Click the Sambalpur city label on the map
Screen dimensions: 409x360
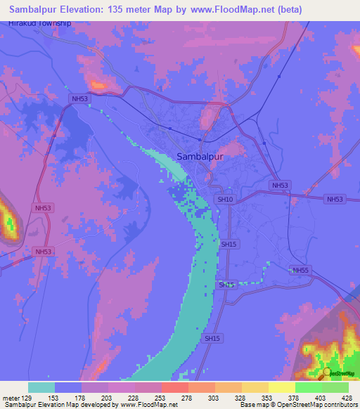[x=200, y=157]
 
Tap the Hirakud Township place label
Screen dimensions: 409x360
[x=40, y=23]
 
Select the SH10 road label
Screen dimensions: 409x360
[x=225, y=200]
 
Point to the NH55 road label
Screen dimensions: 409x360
[x=301, y=270]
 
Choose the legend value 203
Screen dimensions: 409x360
[x=108, y=397]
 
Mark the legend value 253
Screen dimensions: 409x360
[x=161, y=397]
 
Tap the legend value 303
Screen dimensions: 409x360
[x=214, y=397]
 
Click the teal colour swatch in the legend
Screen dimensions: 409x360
[x=41, y=387]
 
